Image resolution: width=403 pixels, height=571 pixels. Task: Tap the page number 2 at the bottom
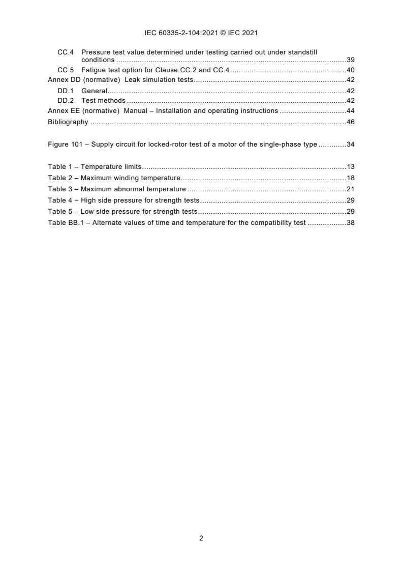pyautogui.click(x=201, y=538)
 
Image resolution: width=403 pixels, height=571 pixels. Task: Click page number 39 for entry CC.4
pyautogui.click(x=350, y=60)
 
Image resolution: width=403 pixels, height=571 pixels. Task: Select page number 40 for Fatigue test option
pyautogui.click(x=350, y=70)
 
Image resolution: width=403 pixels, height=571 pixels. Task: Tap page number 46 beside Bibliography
pyautogui.click(x=350, y=122)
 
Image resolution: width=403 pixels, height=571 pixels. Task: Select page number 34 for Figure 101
pyautogui.click(x=350, y=145)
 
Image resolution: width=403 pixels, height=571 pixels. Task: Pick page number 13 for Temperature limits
pyautogui.click(x=350, y=166)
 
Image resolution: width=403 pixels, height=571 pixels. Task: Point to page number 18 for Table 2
pyautogui.click(x=350, y=178)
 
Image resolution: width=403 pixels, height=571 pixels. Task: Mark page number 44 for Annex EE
pyautogui.click(x=350, y=111)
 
